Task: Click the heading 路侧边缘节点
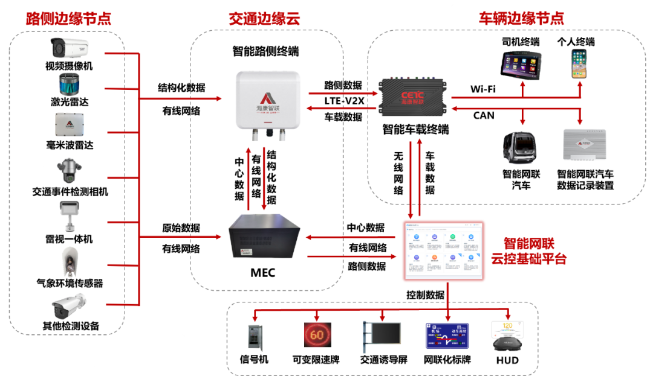68,18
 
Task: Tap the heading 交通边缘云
264,18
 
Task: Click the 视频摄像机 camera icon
69,47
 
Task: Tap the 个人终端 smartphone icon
580,63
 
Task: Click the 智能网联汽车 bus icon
521,148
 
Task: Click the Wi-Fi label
483,89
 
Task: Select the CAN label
483,115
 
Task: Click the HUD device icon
508,336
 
